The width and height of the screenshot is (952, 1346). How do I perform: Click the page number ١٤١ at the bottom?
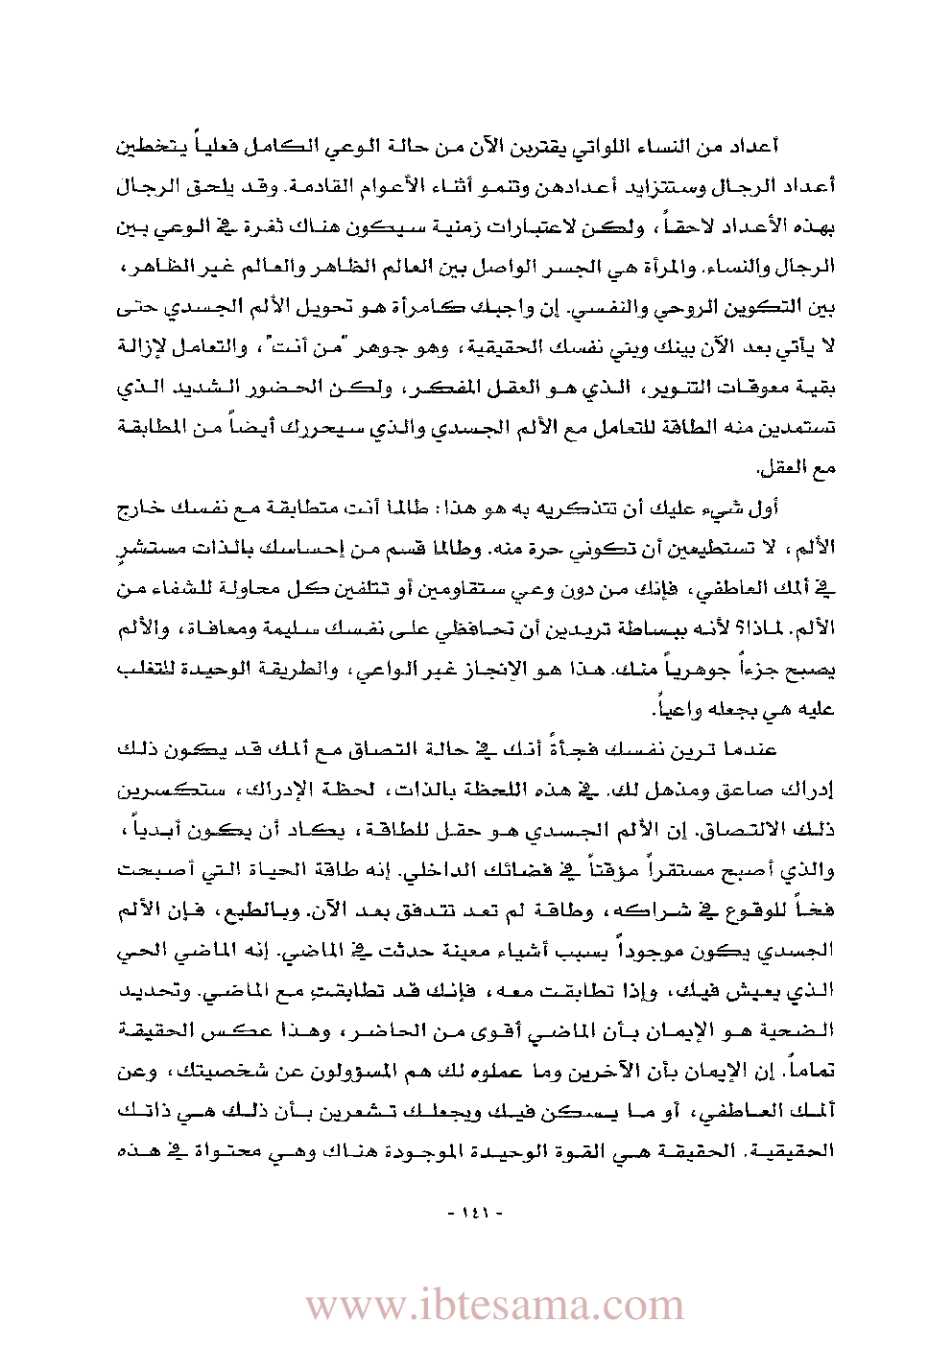475,1213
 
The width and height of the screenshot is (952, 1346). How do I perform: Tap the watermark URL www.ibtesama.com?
494,1305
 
